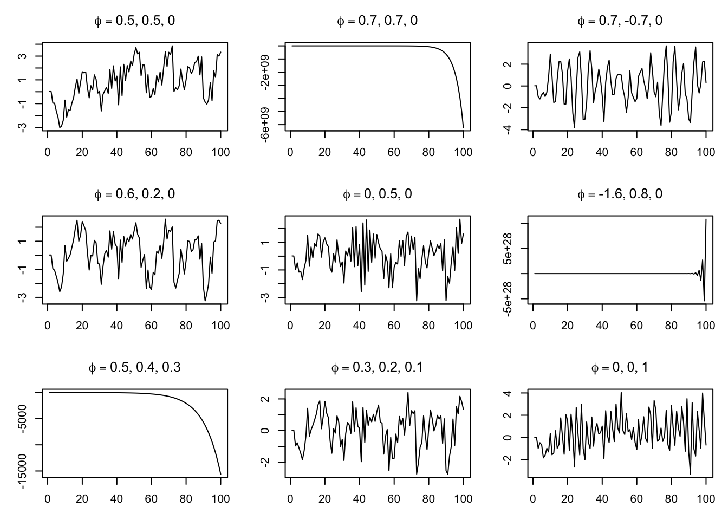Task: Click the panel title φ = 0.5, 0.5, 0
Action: pyautogui.click(x=135, y=21)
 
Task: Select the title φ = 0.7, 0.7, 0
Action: pyautogui.click(x=377, y=21)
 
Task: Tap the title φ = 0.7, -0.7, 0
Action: pyautogui.click(x=620, y=21)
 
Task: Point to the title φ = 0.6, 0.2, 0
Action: pyautogui.click(x=135, y=194)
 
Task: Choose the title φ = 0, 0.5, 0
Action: pyautogui.click(x=377, y=194)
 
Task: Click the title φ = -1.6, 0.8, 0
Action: pyautogui.click(x=620, y=194)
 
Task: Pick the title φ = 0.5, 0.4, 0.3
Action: pyautogui.click(x=135, y=367)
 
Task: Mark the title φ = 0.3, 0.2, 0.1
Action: pyautogui.click(x=377, y=367)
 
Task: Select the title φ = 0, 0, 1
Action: pyautogui.click(x=620, y=367)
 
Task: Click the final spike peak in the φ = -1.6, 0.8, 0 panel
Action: pyautogui.click(x=706, y=219)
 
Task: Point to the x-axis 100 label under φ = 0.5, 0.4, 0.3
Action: pyautogui.click(x=220, y=498)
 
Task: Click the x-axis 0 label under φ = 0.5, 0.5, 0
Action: pyautogui.click(x=48, y=152)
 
